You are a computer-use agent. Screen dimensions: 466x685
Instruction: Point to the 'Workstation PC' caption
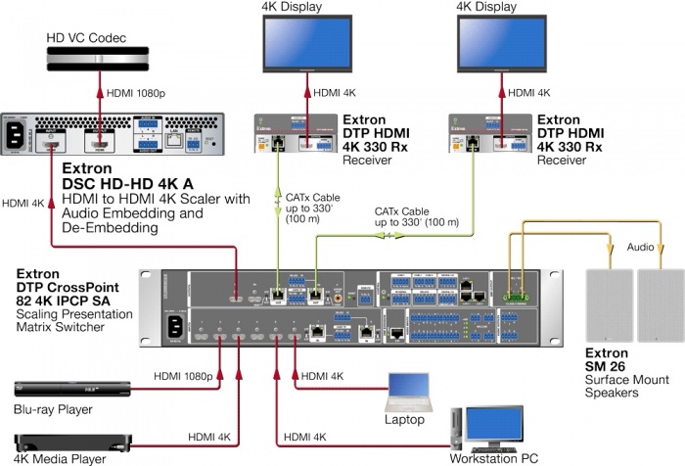(494, 458)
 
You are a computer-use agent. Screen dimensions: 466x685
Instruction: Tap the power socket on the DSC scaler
(18, 133)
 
